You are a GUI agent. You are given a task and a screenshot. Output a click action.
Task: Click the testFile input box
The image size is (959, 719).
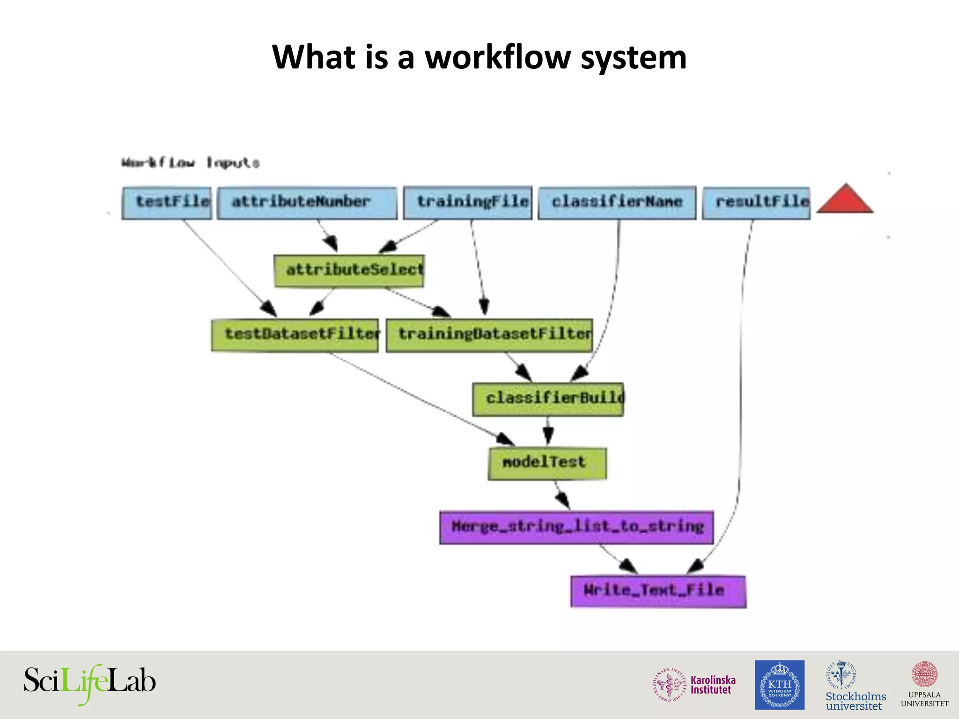coord(167,203)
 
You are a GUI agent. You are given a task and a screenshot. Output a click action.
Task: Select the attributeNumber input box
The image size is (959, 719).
coord(307,203)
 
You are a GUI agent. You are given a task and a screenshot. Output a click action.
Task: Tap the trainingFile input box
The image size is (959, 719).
coord(467,203)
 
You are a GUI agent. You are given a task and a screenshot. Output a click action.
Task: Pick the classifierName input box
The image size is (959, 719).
coord(617,203)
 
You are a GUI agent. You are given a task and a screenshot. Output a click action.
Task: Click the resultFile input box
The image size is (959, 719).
coord(756,203)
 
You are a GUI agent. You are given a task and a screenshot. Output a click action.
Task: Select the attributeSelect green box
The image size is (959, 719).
coord(349,271)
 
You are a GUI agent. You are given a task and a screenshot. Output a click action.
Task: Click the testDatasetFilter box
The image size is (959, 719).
coord(295,335)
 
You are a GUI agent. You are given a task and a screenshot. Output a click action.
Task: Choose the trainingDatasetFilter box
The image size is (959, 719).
coord(489,335)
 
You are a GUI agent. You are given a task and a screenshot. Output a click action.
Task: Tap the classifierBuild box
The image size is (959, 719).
coord(547,399)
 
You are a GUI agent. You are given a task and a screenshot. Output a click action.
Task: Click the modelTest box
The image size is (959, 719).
coord(547,463)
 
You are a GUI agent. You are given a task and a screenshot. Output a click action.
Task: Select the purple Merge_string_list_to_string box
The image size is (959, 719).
coord(576,527)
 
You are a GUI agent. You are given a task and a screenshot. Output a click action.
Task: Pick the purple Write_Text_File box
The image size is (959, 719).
coord(657,591)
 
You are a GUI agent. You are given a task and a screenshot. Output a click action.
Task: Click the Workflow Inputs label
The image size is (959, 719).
coord(190,163)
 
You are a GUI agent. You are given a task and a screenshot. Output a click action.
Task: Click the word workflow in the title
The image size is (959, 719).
coord(498,57)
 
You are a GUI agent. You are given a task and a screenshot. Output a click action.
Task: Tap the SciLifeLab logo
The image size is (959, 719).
coord(89,682)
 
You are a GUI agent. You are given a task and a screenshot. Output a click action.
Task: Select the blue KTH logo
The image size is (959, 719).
coord(779,685)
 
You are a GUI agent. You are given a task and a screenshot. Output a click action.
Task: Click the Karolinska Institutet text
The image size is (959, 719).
coord(713,685)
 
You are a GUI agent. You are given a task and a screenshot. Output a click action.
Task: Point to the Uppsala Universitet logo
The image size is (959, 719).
coord(924,684)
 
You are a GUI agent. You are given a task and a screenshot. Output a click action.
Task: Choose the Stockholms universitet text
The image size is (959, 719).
coord(856,701)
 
